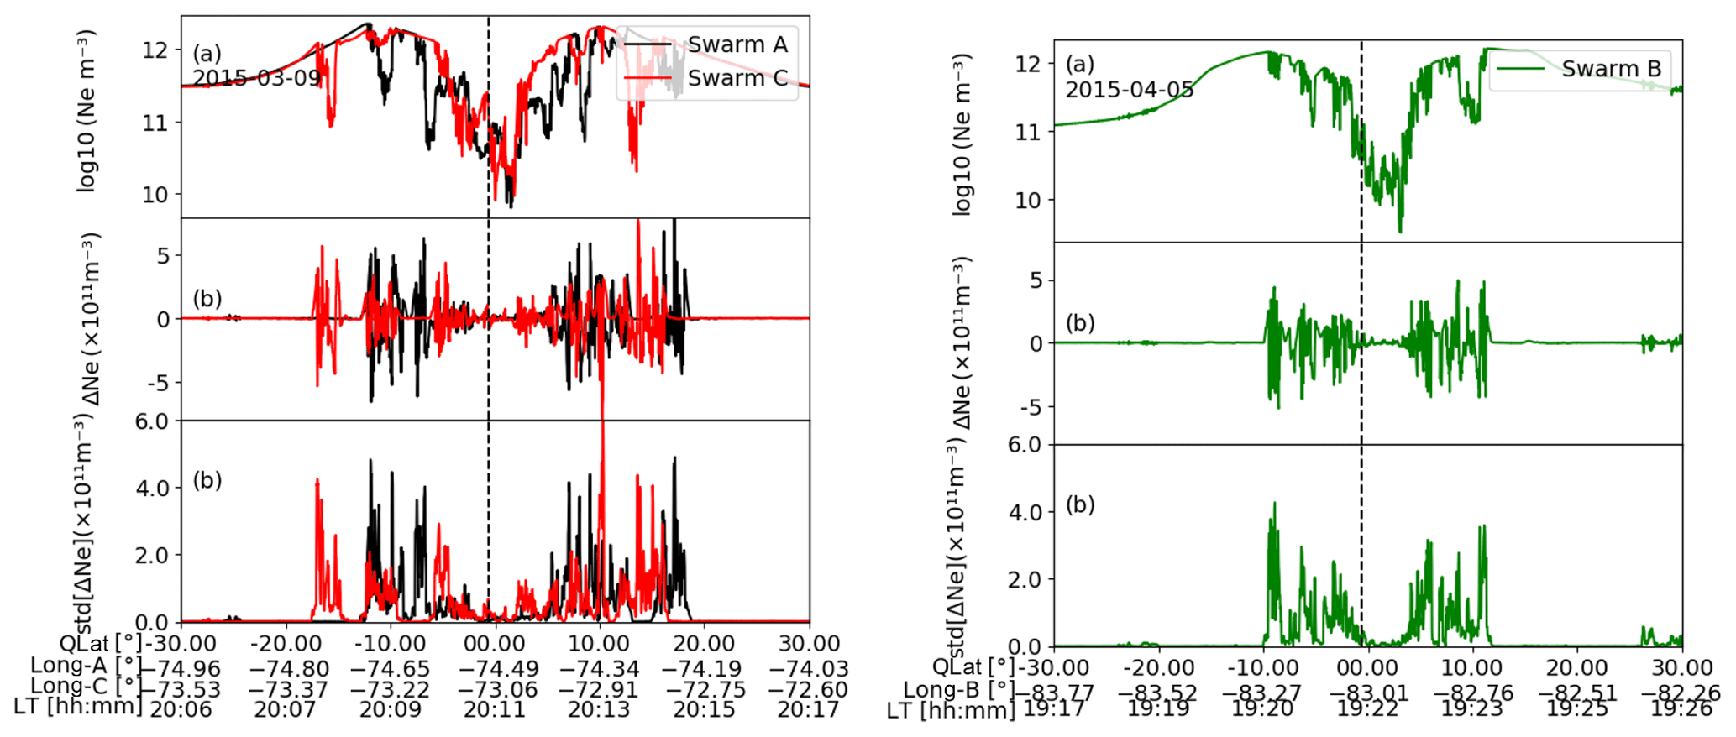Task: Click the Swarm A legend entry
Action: point(737,44)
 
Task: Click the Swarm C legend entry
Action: point(737,78)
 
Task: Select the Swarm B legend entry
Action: point(1611,69)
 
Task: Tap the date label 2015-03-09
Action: point(257,78)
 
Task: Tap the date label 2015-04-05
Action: point(1130,89)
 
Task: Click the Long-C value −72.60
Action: point(810,690)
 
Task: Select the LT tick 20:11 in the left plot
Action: point(496,710)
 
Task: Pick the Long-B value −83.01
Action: point(1368,693)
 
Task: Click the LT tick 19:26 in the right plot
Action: point(1682,709)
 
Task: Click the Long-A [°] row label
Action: point(86,666)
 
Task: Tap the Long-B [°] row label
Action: point(958,691)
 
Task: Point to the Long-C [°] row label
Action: point(86,687)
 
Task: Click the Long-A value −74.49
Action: point(496,669)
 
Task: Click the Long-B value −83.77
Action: point(1054,693)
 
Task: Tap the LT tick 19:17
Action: point(1054,709)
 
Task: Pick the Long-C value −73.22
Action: point(391,690)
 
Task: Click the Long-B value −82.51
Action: point(1578,693)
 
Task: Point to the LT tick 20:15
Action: point(705,710)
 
